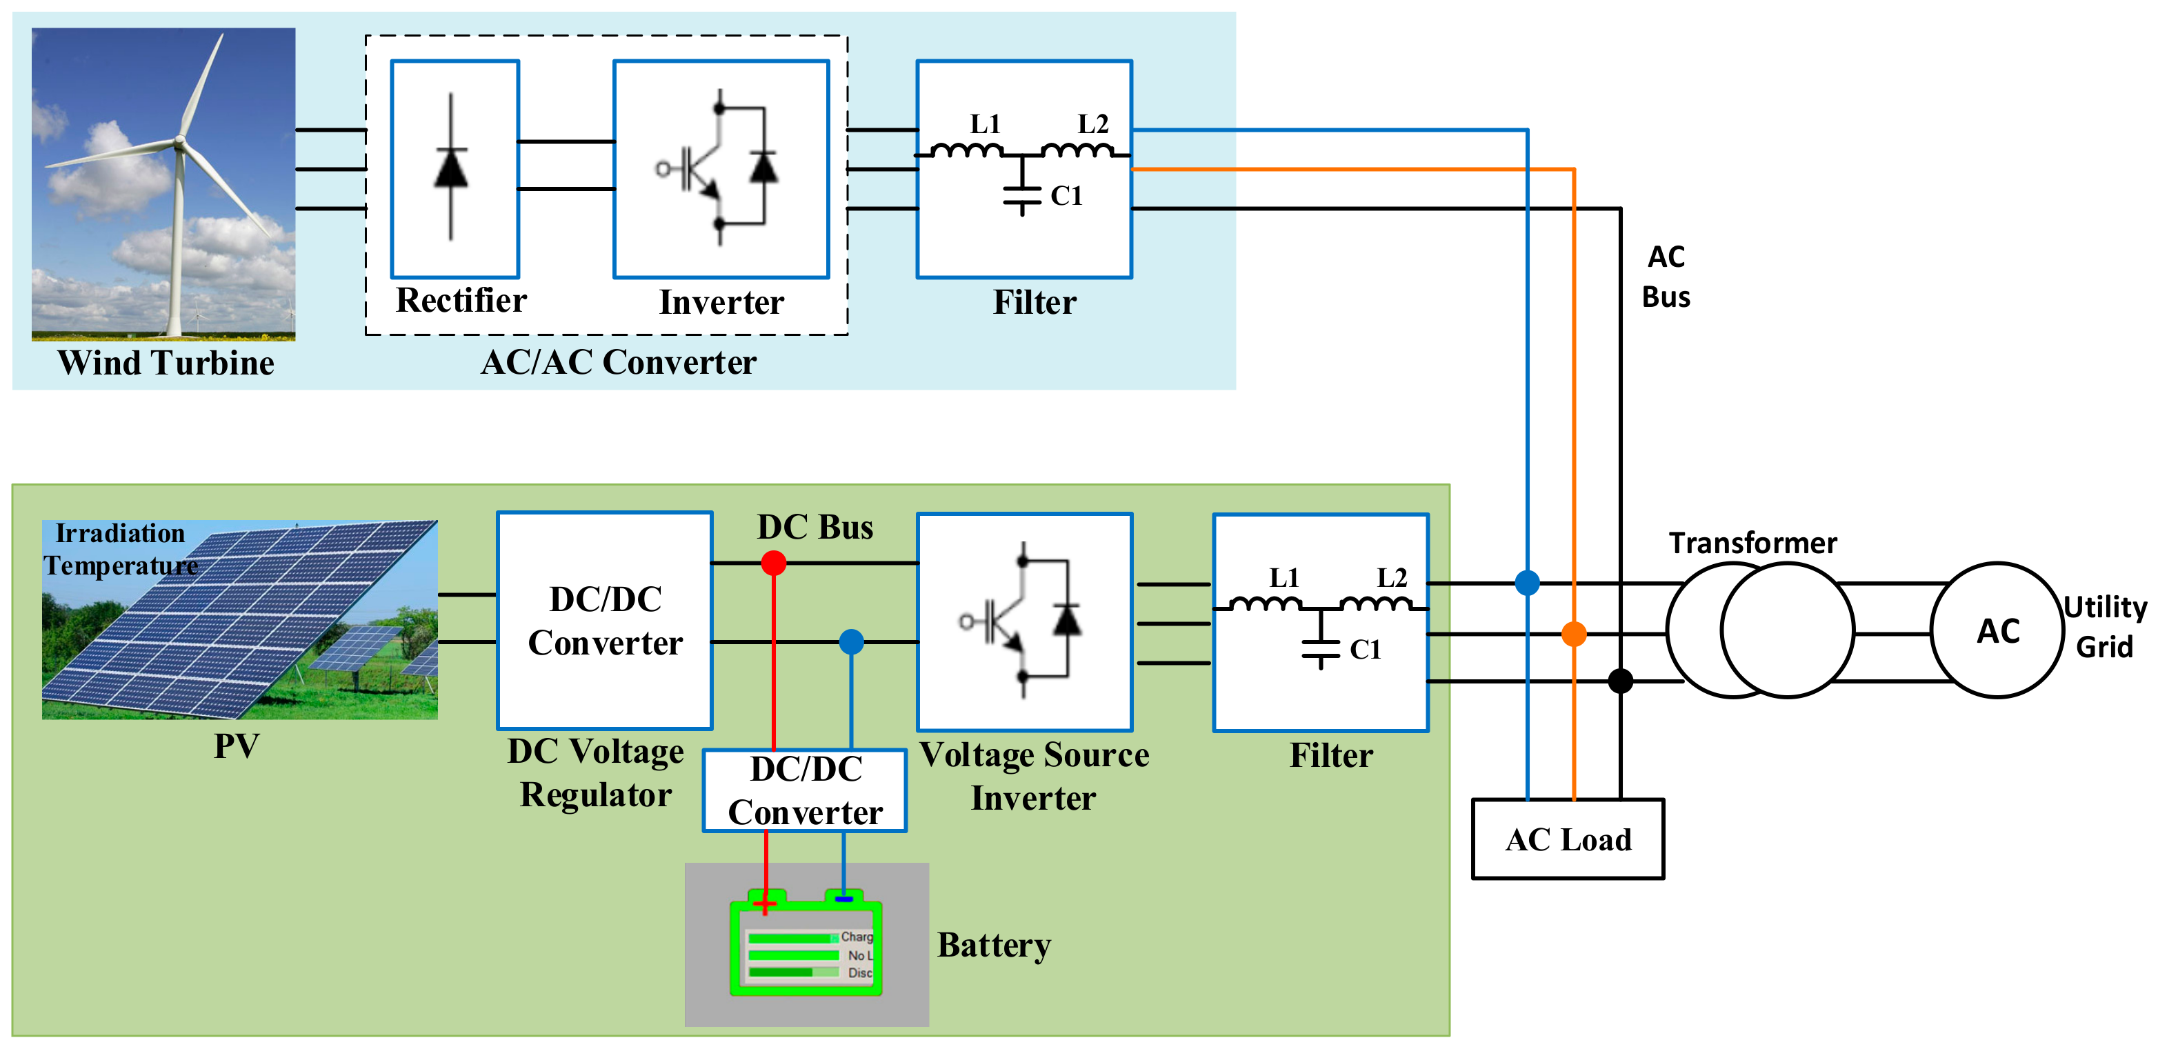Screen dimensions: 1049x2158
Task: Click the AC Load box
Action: coord(1568,839)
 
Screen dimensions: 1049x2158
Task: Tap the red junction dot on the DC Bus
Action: coord(773,563)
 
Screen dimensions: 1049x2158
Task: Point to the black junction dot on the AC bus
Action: coord(1620,680)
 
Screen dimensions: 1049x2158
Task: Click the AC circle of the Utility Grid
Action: coord(1997,630)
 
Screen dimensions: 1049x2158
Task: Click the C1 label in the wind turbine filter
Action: coord(1066,196)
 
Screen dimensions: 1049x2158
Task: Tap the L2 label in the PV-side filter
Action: coord(1392,577)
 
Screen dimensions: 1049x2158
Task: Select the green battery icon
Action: coord(806,944)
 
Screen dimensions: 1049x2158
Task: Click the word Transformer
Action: coord(1752,543)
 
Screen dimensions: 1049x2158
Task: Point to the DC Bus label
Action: coord(815,527)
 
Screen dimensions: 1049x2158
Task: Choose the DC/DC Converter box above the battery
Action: coord(804,790)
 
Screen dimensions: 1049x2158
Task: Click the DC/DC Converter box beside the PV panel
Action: coord(605,621)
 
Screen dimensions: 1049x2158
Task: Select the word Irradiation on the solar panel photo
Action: coord(120,533)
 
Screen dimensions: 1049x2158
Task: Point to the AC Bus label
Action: coord(1666,277)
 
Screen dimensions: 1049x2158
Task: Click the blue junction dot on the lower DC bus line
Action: coord(851,642)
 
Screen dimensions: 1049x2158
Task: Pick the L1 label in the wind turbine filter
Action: coord(985,124)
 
